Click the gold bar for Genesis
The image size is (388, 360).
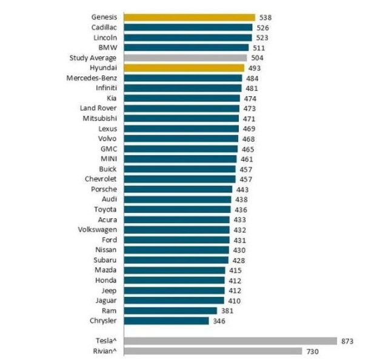(189, 18)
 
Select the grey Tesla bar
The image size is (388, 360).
(230, 341)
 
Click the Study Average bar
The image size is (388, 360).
(185, 58)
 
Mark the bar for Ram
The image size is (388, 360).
(170, 310)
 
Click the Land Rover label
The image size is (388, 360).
(99, 108)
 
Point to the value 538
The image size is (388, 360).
(266, 18)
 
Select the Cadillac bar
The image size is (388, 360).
(188, 27)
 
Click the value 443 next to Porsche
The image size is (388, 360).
(243, 189)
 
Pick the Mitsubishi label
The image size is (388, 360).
(101, 118)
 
